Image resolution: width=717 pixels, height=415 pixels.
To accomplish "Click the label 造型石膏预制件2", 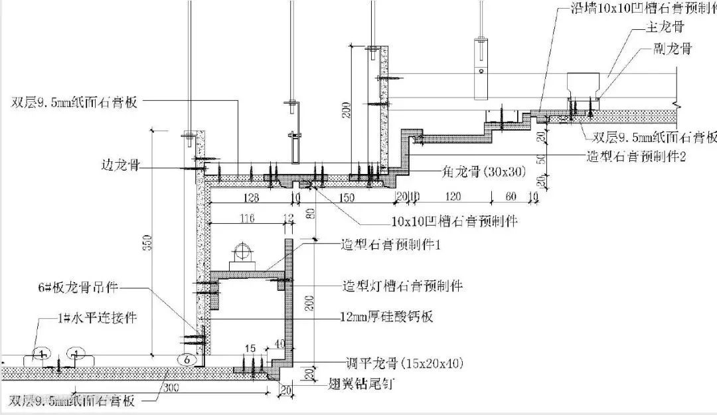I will (x=644, y=155).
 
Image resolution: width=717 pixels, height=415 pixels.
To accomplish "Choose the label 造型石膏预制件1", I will (x=392, y=245).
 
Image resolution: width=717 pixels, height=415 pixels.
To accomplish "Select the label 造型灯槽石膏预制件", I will (x=402, y=286).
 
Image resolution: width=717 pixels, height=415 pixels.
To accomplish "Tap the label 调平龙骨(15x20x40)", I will (x=403, y=363).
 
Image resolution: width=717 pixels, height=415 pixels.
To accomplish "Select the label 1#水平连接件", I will (x=97, y=318).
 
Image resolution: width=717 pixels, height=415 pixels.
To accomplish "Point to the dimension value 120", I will (x=453, y=197).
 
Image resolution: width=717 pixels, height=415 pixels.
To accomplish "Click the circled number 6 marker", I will (x=187, y=359).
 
